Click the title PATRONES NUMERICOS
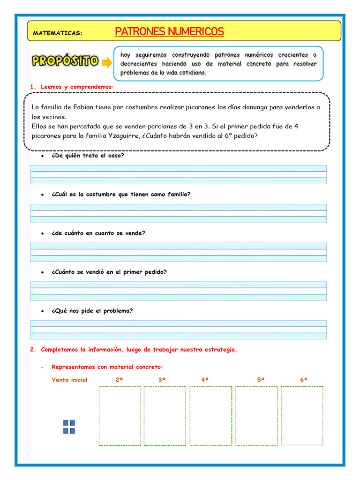pyautogui.click(x=169, y=32)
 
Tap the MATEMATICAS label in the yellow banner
pyautogui.click(x=58, y=33)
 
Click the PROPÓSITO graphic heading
pyautogui.click(x=65, y=61)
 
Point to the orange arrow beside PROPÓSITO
pyautogui.click(x=107, y=62)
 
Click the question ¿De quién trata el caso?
pyautogui.click(x=88, y=155)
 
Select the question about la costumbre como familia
pyautogui.click(x=121, y=194)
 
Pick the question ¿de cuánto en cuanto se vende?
pyautogui.click(x=98, y=233)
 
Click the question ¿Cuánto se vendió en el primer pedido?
pyautogui.click(x=109, y=272)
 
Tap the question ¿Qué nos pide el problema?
pyautogui.click(x=92, y=310)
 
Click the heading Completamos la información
pyautogui.click(x=139, y=350)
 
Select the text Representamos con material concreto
pyautogui.click(x=107, y=367)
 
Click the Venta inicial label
pyautogui.click(x=69, y=380)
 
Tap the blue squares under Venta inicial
pyautogui.click(x=69, y=427)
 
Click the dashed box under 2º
pyautogui.click(x=120, y=416)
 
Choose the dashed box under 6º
pyautogui.click(x=302, y=415)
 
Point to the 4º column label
pyautogui.click(x=205, y=380)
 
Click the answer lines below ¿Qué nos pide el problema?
pyautogui.click(x=179, y=330)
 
